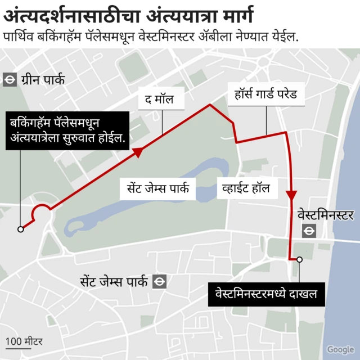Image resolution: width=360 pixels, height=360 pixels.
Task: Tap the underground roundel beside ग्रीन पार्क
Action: pyautogui.click(x=9, y=80)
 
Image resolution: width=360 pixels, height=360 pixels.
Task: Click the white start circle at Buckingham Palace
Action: pyautogui.click(x=21, y=229)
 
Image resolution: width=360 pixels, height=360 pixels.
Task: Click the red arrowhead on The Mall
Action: pyautogui.click(x=137, y=151)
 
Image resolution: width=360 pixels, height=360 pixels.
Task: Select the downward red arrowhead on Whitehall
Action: pyautogui.click(x=291, y=194)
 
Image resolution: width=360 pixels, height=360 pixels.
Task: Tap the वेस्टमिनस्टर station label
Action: pyautogui.click(x=325, y=215)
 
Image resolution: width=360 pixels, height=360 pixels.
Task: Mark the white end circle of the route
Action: pyautogui.click(x=300, y=259)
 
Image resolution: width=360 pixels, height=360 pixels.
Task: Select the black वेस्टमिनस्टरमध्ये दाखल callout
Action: pyautogui.click(x=266, y=294)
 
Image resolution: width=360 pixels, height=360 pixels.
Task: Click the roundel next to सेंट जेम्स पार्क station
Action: pyautogui.click(x=160, y=281)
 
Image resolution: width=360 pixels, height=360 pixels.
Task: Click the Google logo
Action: pyautogui.click(x=340, y=349)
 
